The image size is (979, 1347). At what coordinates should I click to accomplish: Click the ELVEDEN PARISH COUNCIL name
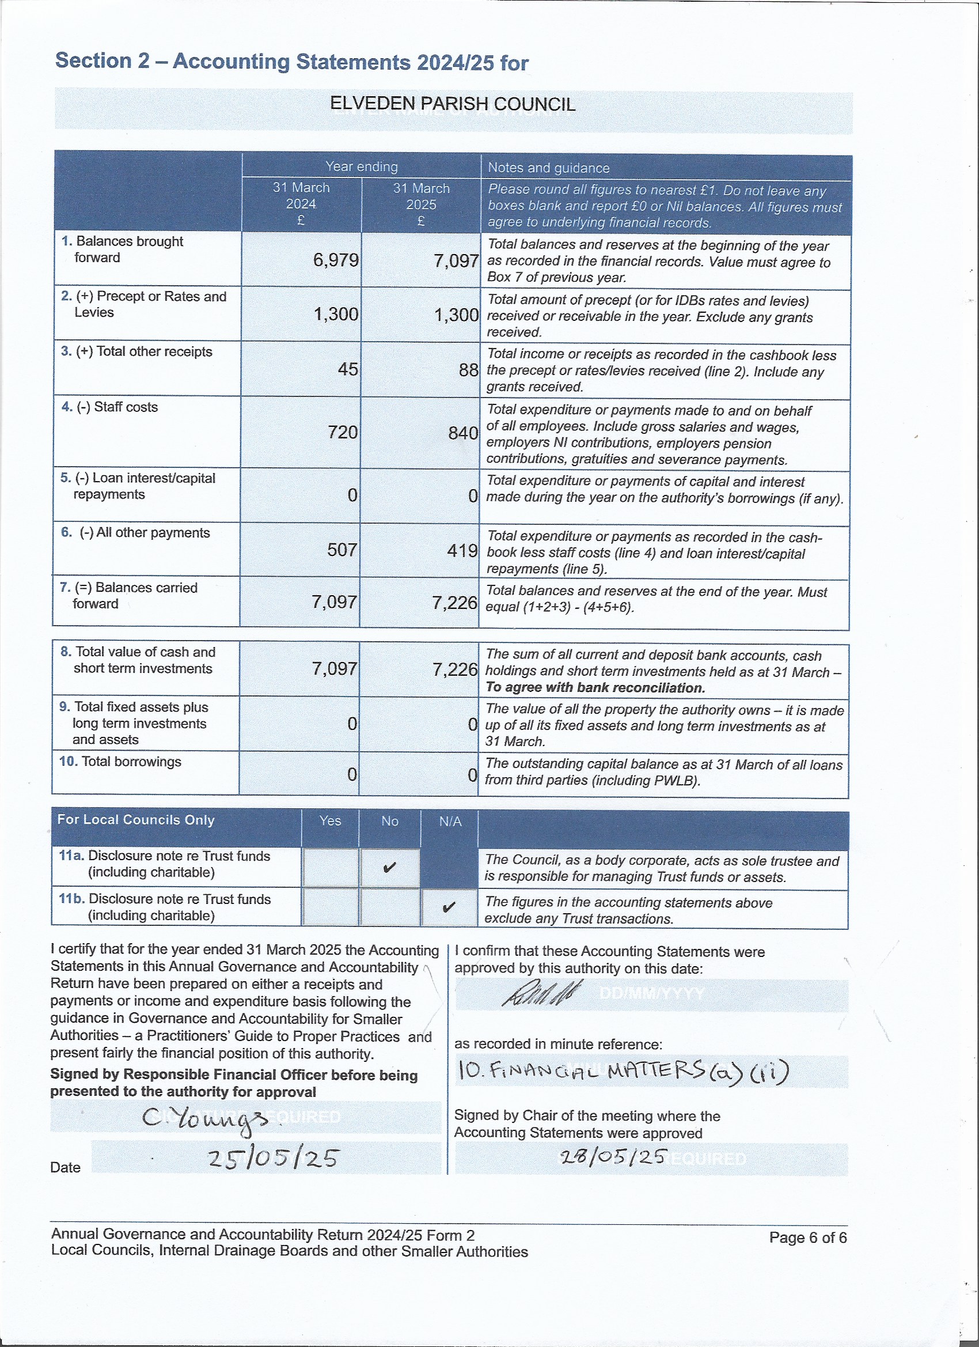(453, 104)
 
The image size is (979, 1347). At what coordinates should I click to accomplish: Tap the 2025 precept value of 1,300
(456, 315)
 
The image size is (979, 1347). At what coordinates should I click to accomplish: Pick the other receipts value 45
(348, 369)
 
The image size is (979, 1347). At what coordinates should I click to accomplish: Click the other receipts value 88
(468, 370)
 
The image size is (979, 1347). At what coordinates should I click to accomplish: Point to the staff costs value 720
(343, 432)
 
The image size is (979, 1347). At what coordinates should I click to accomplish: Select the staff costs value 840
(463, 433)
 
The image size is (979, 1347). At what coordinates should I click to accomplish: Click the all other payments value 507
(342, 550)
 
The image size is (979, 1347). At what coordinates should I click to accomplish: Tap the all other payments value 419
(462, 551)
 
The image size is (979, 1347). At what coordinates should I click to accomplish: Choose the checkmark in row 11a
(389, 868)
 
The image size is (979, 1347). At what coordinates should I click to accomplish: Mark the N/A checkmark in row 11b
(449, 907)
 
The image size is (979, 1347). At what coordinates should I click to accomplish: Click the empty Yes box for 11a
(330, 867)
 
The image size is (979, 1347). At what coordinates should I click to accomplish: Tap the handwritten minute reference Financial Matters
(623, 1071)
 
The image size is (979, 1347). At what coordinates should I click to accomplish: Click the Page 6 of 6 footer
(807, 1237)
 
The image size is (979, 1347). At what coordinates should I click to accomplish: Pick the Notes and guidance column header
(549, 168)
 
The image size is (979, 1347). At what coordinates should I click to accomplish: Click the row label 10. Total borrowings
(120, 762)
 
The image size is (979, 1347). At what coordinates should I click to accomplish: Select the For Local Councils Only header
(136, 820)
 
